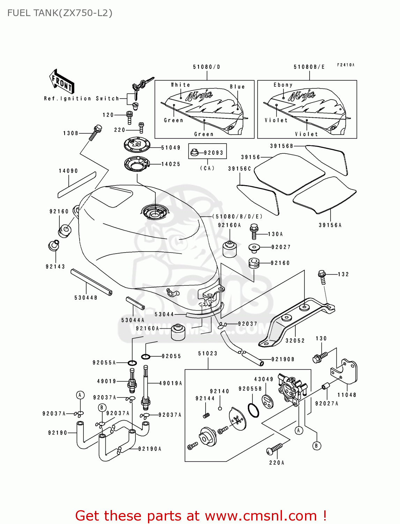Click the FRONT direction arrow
click(x=62, y=82)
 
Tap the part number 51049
click(x=171, y=148)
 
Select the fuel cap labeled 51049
click(x=137, y=145)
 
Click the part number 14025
click(x=171, y=164)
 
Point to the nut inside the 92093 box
click(x=195, y=153)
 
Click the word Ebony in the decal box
click(x=283, y=85)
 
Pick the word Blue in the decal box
click(x=237, y=87)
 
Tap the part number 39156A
click(x=330, y=225)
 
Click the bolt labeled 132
click(x=322, y=276)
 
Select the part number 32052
click(x=295, y=341)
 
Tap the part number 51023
click(x=208, y=354)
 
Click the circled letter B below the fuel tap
click(x=317, y=446)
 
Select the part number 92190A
click(x=150, y=449)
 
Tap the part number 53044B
click(x=86, y=298)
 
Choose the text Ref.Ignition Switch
click(x=81, y=99)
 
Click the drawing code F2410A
click(x=346, y=65)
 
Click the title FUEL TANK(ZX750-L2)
click(x=60, y=13)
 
